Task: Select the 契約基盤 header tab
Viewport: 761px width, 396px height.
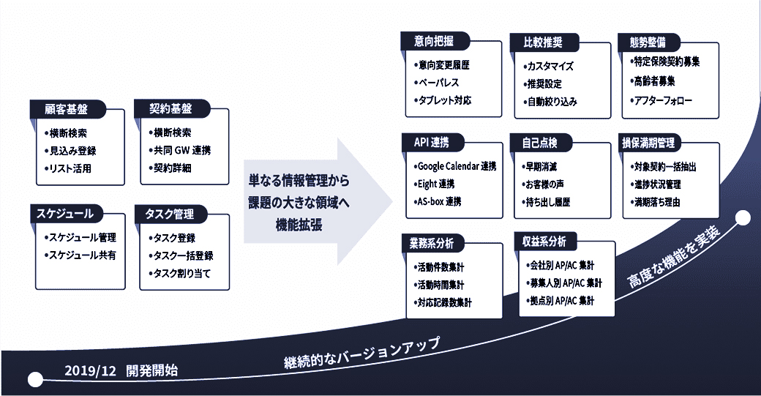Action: pyautogui.click(x=168, y=109)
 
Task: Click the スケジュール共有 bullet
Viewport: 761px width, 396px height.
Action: pyautogui.click(x=81, y=255)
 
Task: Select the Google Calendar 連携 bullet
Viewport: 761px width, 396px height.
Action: pyautogui.click(x=456, y=166)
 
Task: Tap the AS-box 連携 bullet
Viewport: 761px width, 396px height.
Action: pyautogui.click(x=440, y=201)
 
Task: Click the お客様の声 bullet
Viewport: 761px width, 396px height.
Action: pyautogui.click(x=544, y=184)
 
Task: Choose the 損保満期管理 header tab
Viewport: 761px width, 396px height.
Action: pyautogui.click(x=648, y=141)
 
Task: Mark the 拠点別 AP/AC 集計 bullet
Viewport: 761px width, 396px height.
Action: pyautogui.click(x=562, y=301)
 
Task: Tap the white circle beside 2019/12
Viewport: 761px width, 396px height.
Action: pyautogui.click(x=34, y=379)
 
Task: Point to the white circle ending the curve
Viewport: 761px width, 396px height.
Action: pyautogui.click(x=743, y=218)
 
